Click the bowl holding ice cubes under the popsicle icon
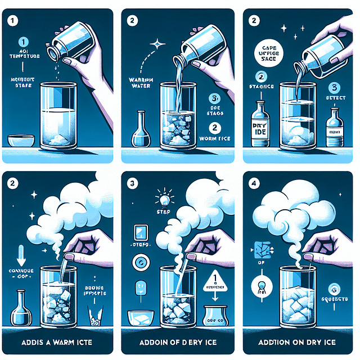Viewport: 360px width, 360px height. click(140, 319)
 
